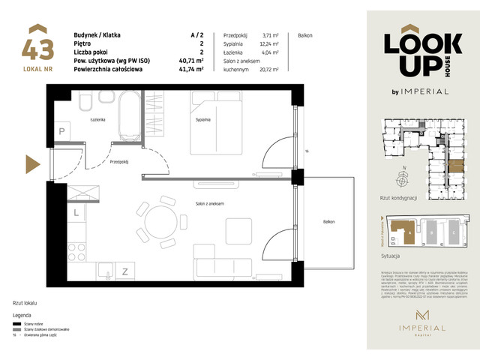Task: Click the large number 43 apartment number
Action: pos(38,49)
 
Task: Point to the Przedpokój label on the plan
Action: pos(118,161)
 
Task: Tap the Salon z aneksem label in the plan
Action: pos(210,204)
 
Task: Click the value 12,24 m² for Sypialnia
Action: pos(268,44)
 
